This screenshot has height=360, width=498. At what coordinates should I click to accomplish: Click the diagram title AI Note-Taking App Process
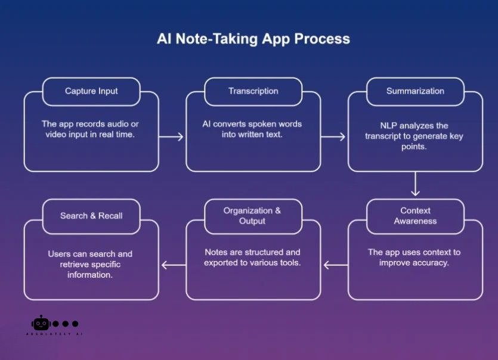pos(253,39)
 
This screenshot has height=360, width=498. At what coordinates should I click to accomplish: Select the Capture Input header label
pos(91,91)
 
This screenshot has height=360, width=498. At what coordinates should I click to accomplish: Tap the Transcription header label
pos(253,91)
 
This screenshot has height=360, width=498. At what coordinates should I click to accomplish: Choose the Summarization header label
pos(415,91)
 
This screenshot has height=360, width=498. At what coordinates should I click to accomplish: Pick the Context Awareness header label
pos(415,216)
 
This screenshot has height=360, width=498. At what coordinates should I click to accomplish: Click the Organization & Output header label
pos(252,216)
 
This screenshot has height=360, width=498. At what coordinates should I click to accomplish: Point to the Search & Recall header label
pos(91,216)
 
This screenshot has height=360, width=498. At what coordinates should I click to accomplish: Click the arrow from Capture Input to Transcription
pos(172,137)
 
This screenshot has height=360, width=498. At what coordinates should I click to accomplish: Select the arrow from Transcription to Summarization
pos(333,137)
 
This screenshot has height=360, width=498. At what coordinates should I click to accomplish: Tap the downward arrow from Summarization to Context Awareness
pos(416,184)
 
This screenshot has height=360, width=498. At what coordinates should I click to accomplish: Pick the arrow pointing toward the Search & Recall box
pos(173,265)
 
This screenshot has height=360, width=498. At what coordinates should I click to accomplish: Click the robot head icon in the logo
pos(41,323)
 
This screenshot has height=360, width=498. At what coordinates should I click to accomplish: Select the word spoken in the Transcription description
pos(264,124)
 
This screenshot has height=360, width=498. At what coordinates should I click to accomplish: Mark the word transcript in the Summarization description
pos(386,136)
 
